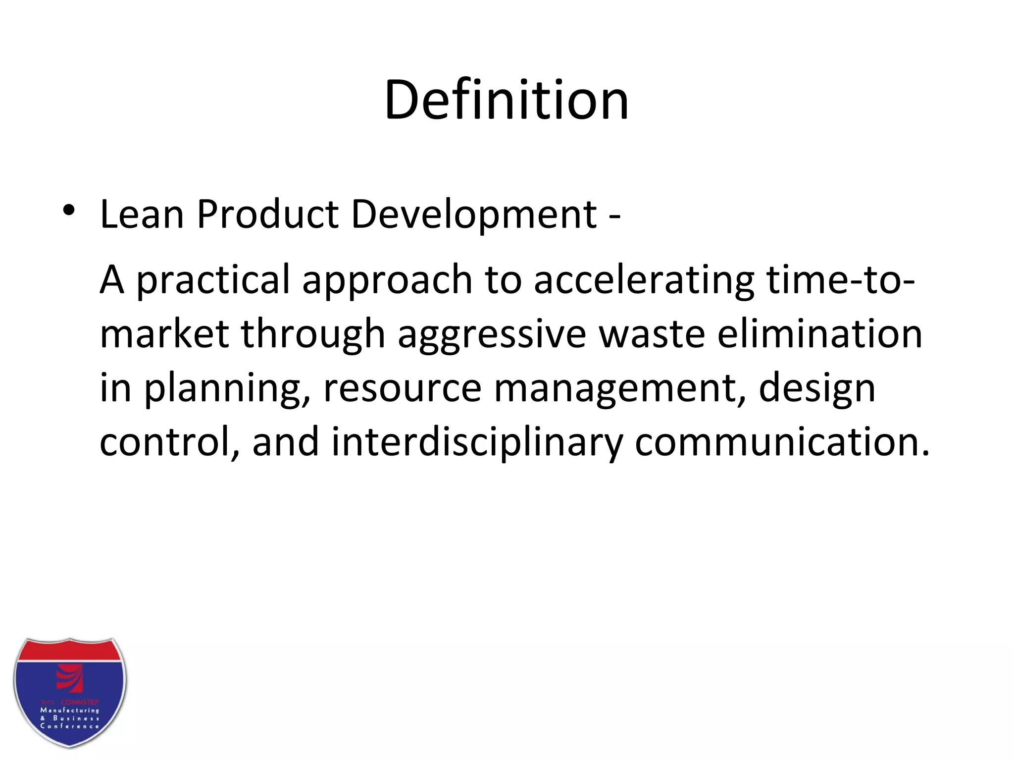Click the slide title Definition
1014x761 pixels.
click(x=507, y=100)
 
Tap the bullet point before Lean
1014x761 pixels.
click(x=69, y=211)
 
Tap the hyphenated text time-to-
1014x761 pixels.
click(x=841, y=279)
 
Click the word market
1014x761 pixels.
click(x=164, y=334)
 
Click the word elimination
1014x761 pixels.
click(x=820, y=334)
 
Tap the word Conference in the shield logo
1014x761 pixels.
click(x=70, y=726)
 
